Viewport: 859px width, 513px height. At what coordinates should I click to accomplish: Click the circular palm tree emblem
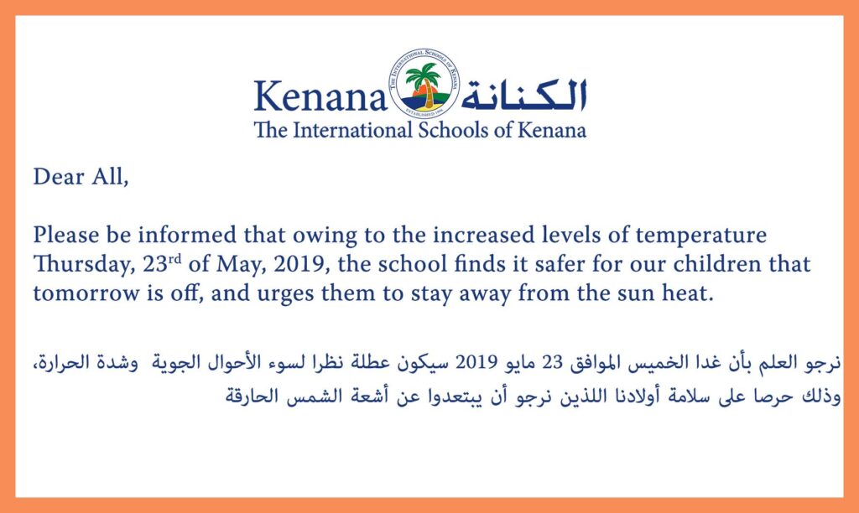pyautogui.click(x=423, y=85)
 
